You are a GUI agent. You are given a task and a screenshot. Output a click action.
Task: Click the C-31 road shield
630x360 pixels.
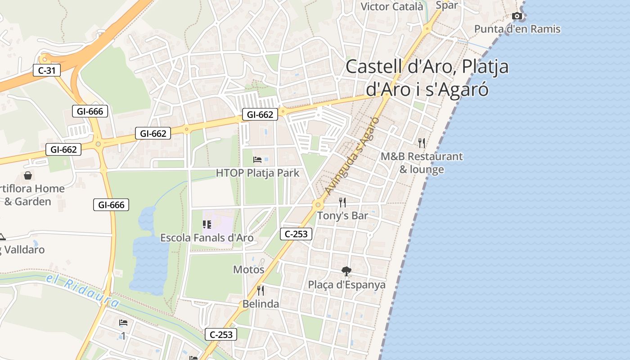(x=47, y=70)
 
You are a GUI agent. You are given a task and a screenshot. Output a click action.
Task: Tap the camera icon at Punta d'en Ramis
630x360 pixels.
(x=517, y=16)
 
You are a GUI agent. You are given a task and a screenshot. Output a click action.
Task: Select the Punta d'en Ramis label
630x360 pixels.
(x=517, y=29)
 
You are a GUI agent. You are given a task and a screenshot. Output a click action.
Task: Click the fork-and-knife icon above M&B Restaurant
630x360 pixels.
(x=422, y=143)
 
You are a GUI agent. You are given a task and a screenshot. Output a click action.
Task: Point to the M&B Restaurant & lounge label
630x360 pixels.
(x=422, y=163)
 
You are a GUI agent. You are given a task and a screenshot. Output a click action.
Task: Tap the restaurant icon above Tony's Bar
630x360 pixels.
(x=342, y=202)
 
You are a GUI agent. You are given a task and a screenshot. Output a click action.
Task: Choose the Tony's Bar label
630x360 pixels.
(x=342, y=216)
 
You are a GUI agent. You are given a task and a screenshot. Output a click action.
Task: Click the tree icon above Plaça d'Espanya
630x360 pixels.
(x=346, y=271)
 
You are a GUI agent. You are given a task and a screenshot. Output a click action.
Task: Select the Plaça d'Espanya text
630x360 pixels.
(x=346, y=285)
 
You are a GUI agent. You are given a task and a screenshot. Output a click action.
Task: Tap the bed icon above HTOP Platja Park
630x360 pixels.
(x=257, y=160)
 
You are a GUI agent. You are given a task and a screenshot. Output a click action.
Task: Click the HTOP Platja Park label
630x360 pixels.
(x=257, y=173)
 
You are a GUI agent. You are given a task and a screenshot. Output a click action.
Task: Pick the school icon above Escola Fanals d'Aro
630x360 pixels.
(x=207, y=224)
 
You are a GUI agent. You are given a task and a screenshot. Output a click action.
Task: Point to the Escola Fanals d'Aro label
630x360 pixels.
(x=207, y=238)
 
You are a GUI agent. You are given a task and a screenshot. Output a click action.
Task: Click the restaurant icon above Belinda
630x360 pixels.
(x=260, y=290)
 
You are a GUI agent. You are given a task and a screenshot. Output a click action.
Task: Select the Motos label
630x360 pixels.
(x=248, y=270)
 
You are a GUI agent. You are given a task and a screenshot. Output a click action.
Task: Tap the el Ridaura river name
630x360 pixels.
(x=83, y=290)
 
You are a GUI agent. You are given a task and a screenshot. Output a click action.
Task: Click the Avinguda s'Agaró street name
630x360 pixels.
(x=352, y=156)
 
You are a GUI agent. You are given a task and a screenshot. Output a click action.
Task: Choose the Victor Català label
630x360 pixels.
(x=392, y=6)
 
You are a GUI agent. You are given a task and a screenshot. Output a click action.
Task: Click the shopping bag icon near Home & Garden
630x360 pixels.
(x=28, y=175)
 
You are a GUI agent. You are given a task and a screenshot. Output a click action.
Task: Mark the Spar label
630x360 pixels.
(x=446, y=5)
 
